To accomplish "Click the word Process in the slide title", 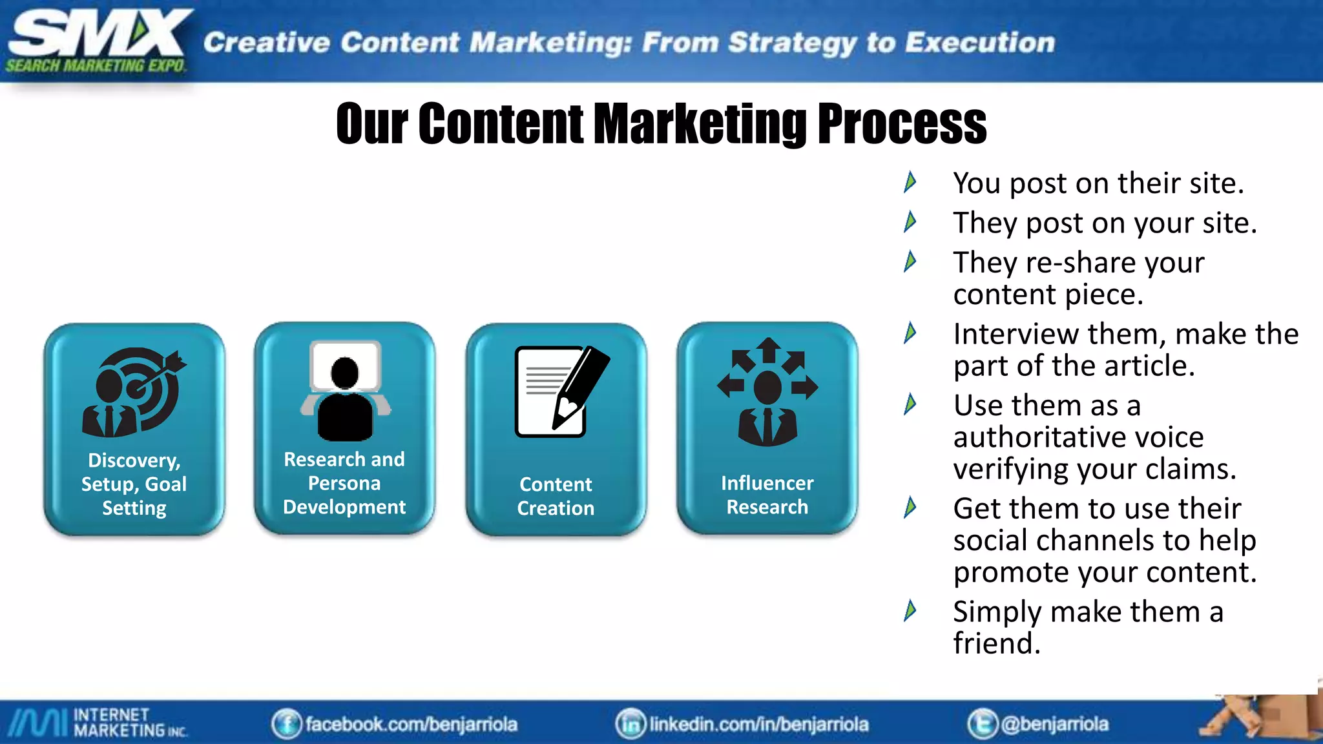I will click(x=902, y=124).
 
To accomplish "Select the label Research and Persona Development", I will click(x=344, y=483).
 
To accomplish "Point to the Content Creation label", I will click(x=556, y=496).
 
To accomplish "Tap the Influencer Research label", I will click(x=767, y=495).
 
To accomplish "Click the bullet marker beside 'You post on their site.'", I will click(x=910, y=183).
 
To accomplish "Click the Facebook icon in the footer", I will click(x=286, y=724).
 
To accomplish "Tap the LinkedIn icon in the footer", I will click(x=630, y=724).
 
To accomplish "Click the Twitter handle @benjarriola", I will click(x=1054, y=724).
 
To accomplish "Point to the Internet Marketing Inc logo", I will click(x=97, y=722).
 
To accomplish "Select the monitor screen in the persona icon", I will click(x=345, y=365).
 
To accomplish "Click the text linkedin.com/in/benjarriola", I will click(x=759, y=724).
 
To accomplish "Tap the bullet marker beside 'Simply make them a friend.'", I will click(x=910, y=611).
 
